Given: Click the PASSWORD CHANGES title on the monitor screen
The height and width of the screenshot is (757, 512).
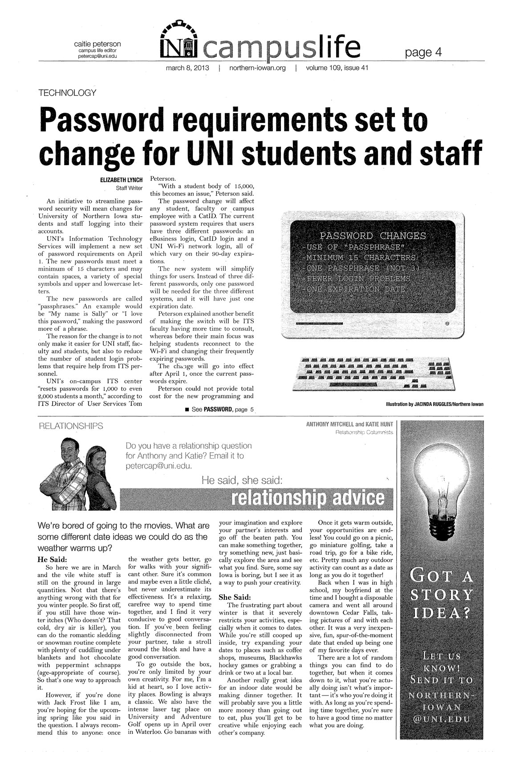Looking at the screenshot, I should [x=373, y=236].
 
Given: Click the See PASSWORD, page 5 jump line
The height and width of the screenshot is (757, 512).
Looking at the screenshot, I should [x=219, y=409].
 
